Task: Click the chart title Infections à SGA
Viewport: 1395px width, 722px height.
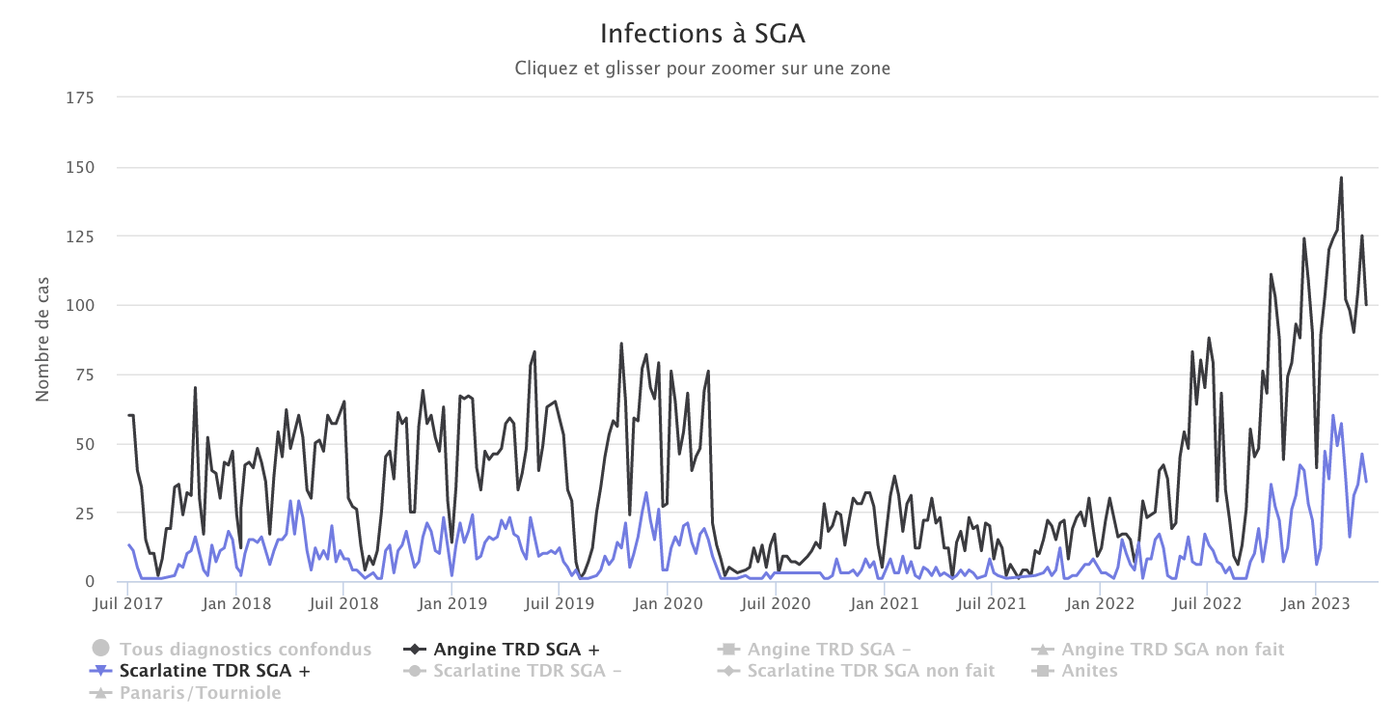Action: tap(702, 34)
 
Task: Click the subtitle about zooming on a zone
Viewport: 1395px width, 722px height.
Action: tap(702, 69)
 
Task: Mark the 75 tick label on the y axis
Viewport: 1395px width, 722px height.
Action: tap(84, 375)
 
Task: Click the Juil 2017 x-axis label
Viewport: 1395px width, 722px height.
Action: tap(127, 604)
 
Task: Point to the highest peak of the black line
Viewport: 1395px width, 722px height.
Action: tap(1341, 178)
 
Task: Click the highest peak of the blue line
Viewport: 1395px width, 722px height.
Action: tap(1333, 415)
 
